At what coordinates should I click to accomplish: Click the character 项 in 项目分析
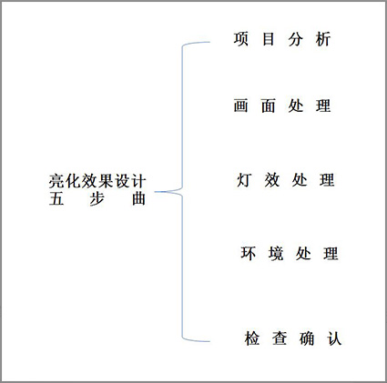[241, 39]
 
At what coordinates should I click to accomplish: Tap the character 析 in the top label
[323, 39]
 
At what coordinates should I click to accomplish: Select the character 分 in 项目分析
[296, 39]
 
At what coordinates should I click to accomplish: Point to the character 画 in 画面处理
[241, 106]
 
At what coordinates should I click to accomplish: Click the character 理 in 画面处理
[323, 106]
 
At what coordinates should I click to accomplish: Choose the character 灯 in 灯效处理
[244, 180]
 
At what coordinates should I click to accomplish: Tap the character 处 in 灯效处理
[300, 180]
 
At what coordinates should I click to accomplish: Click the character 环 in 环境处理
[249, 253]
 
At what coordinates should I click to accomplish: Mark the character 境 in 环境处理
[276, 253]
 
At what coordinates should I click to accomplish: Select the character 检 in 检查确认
[252, 338]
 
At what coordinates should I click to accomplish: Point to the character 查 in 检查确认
[280, 338]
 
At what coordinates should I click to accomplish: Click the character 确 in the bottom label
[307, 338]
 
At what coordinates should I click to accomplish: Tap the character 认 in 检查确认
[334, 338]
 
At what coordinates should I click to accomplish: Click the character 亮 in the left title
[56, 181]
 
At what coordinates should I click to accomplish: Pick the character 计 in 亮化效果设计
[139, 181]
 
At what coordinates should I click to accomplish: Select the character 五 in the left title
[56, 199]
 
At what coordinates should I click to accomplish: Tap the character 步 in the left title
[97, 199]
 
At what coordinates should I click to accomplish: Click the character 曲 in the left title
[139, 199]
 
